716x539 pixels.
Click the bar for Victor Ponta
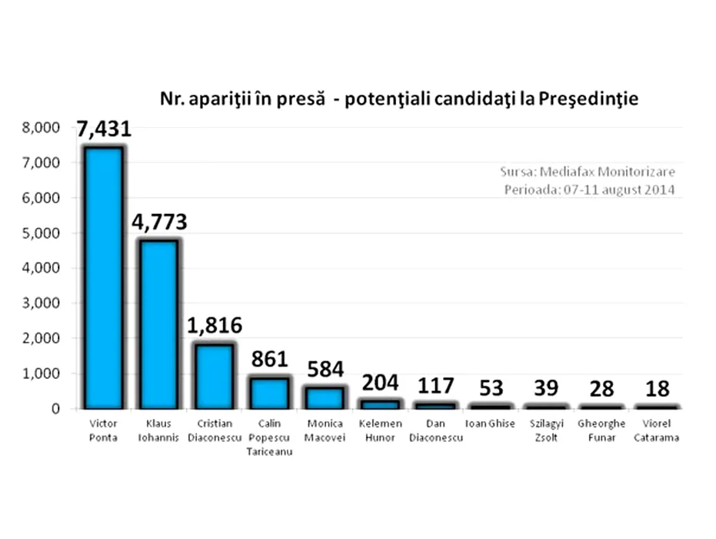point(103,277)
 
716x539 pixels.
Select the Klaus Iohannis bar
point(158,323)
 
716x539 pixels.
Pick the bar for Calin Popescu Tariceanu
point(269,393)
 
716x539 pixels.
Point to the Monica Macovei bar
point(325,397)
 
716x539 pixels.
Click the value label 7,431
point(103,129)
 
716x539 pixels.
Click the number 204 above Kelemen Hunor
point(380,382)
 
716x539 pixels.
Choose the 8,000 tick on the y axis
point(45,128)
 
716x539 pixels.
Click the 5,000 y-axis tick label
point(45,233)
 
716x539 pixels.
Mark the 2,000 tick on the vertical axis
point(45,339)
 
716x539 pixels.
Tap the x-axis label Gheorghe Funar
point(601,430)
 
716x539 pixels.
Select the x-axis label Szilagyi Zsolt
point(546,430)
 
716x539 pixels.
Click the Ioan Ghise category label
point(491,424)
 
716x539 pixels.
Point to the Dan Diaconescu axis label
point(435,430)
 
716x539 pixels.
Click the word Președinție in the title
point(589,99)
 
